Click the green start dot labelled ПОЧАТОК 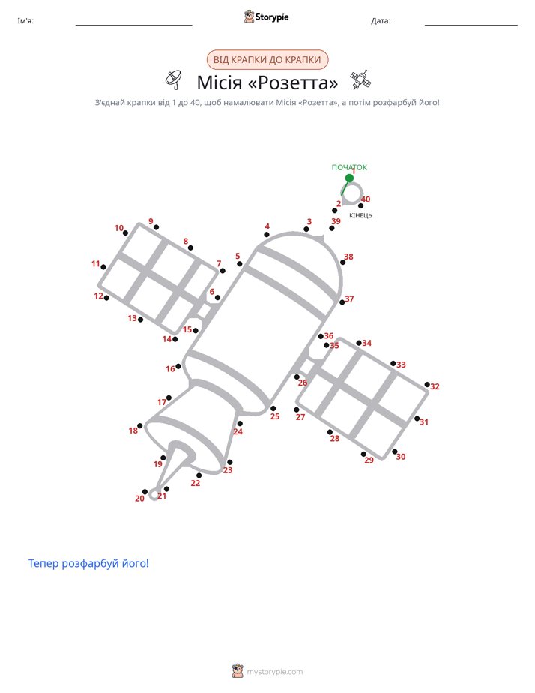point(349,178)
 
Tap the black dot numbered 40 point(360,206)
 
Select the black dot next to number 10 point(125,233)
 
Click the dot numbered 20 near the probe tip point(145,492)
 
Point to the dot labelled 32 point(427,385)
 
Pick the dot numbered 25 point(273,408)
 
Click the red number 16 point(170,368)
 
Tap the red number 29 point(369,460)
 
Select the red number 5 point(238,256)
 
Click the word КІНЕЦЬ point(360,216)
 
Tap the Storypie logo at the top point(266,16)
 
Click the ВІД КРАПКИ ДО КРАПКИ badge point(267,60)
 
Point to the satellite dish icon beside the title point(174,79)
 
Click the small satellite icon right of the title point(360,79)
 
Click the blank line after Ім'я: point(133,25)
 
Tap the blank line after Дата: point(471,25)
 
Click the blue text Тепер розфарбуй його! point(88,563)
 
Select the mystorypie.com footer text point(274,672)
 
